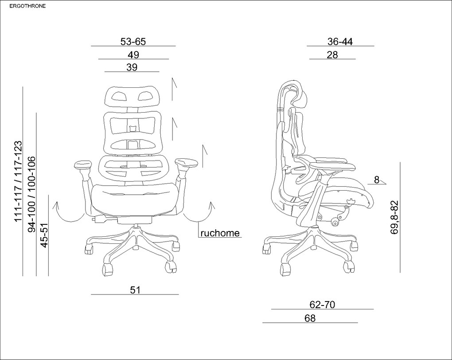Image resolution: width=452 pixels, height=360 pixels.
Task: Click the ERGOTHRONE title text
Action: tap(27, 6)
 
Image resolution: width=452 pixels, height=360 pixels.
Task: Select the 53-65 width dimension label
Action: tap(133, 42)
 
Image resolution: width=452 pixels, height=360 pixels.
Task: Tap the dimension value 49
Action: tap(133, 55)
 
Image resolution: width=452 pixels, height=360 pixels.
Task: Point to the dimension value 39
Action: tap(132, 67)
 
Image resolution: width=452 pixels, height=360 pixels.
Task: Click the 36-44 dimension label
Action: tap(340, 42)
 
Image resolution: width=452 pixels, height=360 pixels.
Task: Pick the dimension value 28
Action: tap(332, 55)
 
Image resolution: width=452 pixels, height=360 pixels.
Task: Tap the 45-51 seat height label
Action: tap(44, 235)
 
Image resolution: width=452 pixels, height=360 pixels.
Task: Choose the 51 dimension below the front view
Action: tap(135, 290)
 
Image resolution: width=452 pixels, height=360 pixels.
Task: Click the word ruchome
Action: tap(220, 233)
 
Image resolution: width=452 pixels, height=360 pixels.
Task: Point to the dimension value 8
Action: tap(377, 180)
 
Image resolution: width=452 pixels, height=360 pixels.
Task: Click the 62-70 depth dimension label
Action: tap(322, 304)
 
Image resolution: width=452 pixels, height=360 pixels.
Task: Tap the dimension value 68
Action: tap(310, 318)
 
